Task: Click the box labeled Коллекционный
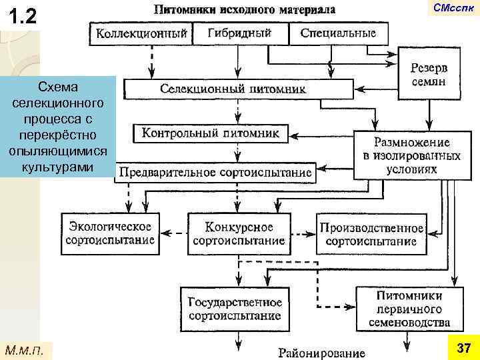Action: [141, 33]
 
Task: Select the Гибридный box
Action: [239, 33]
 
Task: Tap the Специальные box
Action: [337, 33]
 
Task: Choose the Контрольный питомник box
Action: [211, 133]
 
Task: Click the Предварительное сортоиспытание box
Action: [215, 173]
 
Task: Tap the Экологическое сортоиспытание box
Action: [111, 233]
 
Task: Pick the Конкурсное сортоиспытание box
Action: [239, 233]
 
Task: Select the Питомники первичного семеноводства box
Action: [409, 309]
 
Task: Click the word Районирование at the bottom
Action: [322, 352]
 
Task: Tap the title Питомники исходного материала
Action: [245, 10]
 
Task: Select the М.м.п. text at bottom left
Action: [24, 349]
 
